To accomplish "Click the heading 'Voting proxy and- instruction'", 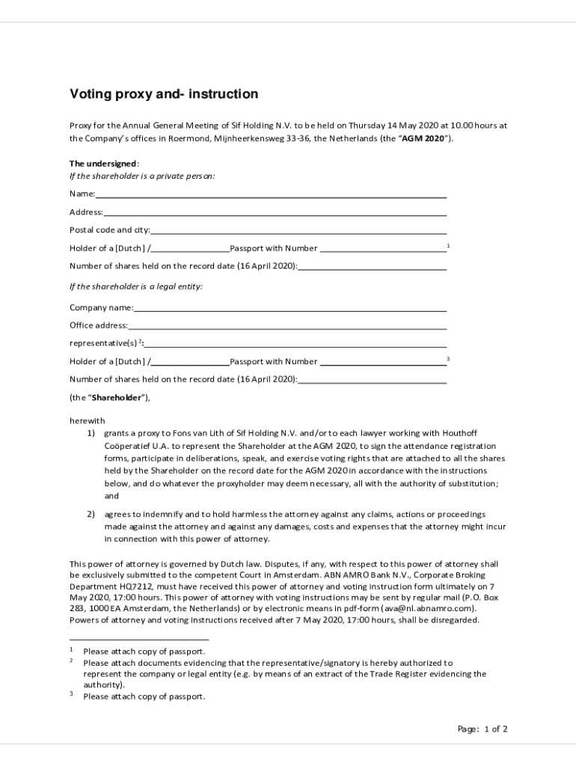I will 164,94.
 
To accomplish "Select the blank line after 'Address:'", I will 275,213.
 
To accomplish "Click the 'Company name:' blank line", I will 290,308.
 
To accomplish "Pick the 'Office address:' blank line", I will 287,326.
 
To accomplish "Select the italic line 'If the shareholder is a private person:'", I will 142,177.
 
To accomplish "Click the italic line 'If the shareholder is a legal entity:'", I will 136,287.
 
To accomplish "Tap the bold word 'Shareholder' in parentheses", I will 117,398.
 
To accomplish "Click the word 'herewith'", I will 88,420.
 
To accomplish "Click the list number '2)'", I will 91,515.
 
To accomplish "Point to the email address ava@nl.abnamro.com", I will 429,609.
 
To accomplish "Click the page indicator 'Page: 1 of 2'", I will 482,729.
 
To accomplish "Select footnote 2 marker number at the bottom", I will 71,661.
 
